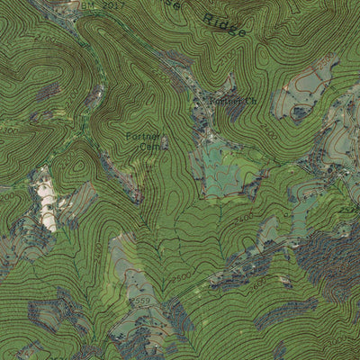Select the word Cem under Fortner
(x=148, y=147)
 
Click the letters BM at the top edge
(x=87, y=5)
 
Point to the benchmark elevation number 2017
(x=112, y=5)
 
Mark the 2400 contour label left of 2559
(x=97, y=256)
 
